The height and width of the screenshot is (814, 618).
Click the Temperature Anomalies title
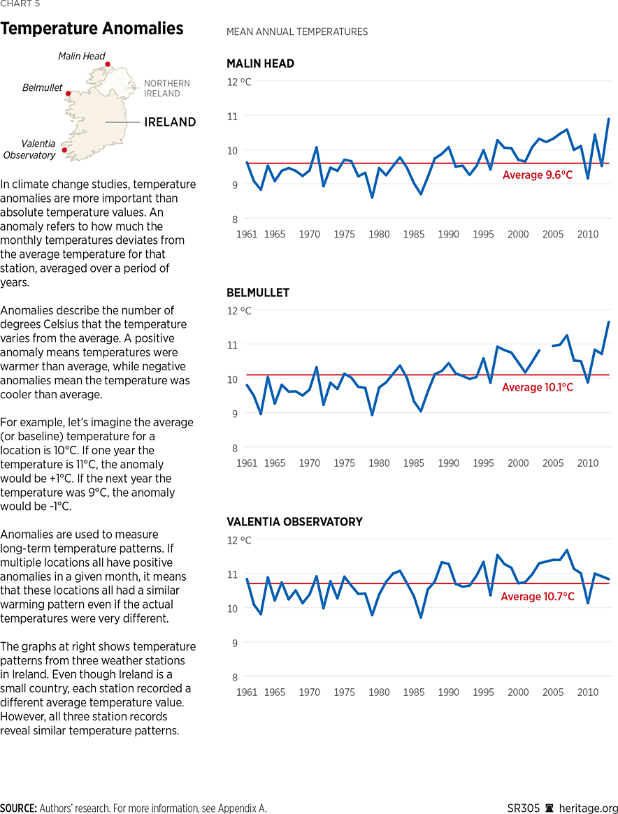point(92,29)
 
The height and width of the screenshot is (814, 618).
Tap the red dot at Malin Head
point(108,64)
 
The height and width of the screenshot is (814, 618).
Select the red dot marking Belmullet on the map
point(68,93)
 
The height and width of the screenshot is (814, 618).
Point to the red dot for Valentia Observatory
point(64,150)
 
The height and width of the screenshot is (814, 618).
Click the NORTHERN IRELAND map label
point(166,89)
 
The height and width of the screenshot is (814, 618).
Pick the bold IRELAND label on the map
point(170,122)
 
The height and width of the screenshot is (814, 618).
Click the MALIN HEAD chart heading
point(260,64)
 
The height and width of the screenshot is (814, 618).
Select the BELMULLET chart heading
point(258,293)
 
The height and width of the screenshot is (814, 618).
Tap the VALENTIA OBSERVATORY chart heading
point(294,522)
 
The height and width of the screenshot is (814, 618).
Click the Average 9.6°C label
point(538,175)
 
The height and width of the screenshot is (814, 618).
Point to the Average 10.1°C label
point(538,387)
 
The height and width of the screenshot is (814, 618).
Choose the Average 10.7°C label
point(538,597)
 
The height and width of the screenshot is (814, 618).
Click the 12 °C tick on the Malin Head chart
point(238,82)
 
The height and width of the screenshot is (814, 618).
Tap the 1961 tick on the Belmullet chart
point(247,463)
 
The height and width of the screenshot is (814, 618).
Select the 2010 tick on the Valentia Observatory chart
point(588,692)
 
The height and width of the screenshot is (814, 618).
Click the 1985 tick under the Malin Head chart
point(414,234)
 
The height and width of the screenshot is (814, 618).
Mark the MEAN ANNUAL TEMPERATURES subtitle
point(297,32)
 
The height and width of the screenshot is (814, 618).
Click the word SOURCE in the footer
point(18,808)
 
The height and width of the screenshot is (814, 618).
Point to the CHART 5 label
point(20,4)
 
